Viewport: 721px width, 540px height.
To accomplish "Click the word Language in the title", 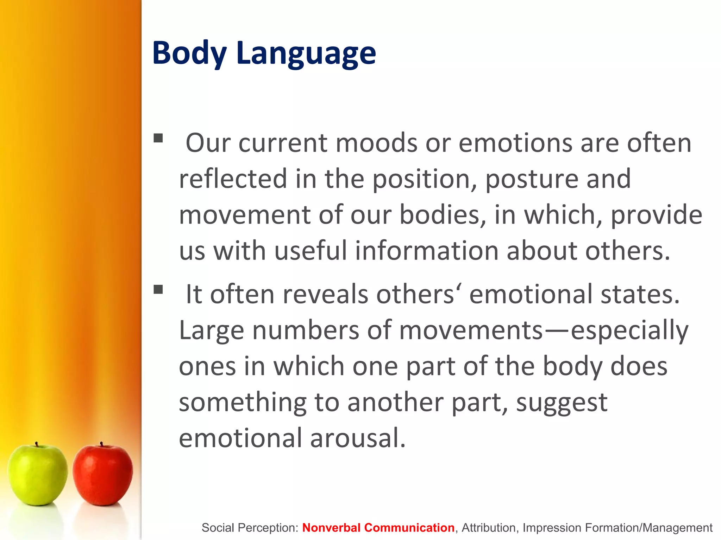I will click(306, 53).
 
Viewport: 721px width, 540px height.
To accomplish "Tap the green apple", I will click(37, 475).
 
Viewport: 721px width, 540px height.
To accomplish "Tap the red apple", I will click(103, 475).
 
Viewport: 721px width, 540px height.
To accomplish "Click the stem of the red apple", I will click(101, 444).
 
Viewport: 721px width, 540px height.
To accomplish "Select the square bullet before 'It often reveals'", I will click(158, 289).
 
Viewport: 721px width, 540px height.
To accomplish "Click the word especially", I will click(629, 330).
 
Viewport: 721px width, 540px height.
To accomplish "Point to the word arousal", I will click(358, 438).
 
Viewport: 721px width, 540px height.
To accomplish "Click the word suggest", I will click(562, 402).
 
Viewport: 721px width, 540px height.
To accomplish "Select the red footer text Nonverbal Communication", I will click(378, 527).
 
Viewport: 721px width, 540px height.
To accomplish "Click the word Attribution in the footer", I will click(489, 527).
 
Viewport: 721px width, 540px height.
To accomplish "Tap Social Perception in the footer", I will click(250, 527).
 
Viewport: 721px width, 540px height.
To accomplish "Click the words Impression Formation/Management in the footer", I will click(617, 527).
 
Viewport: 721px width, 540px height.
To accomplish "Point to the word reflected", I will click(233, 179).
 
